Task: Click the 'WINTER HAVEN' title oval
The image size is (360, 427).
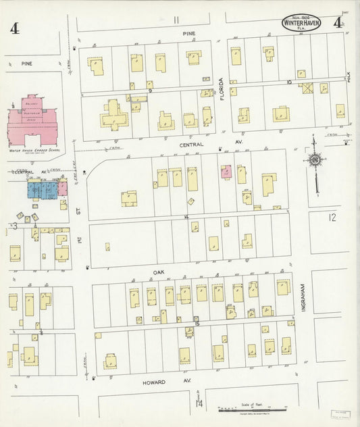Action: pos(301,24)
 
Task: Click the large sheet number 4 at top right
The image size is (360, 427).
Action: pos(337,22)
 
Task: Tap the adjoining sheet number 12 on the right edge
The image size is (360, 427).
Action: pos(330,218)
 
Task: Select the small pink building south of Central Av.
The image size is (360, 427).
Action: pos(226,172)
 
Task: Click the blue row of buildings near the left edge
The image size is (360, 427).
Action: pos(43,189)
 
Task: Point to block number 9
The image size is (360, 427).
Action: pos(150,91)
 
